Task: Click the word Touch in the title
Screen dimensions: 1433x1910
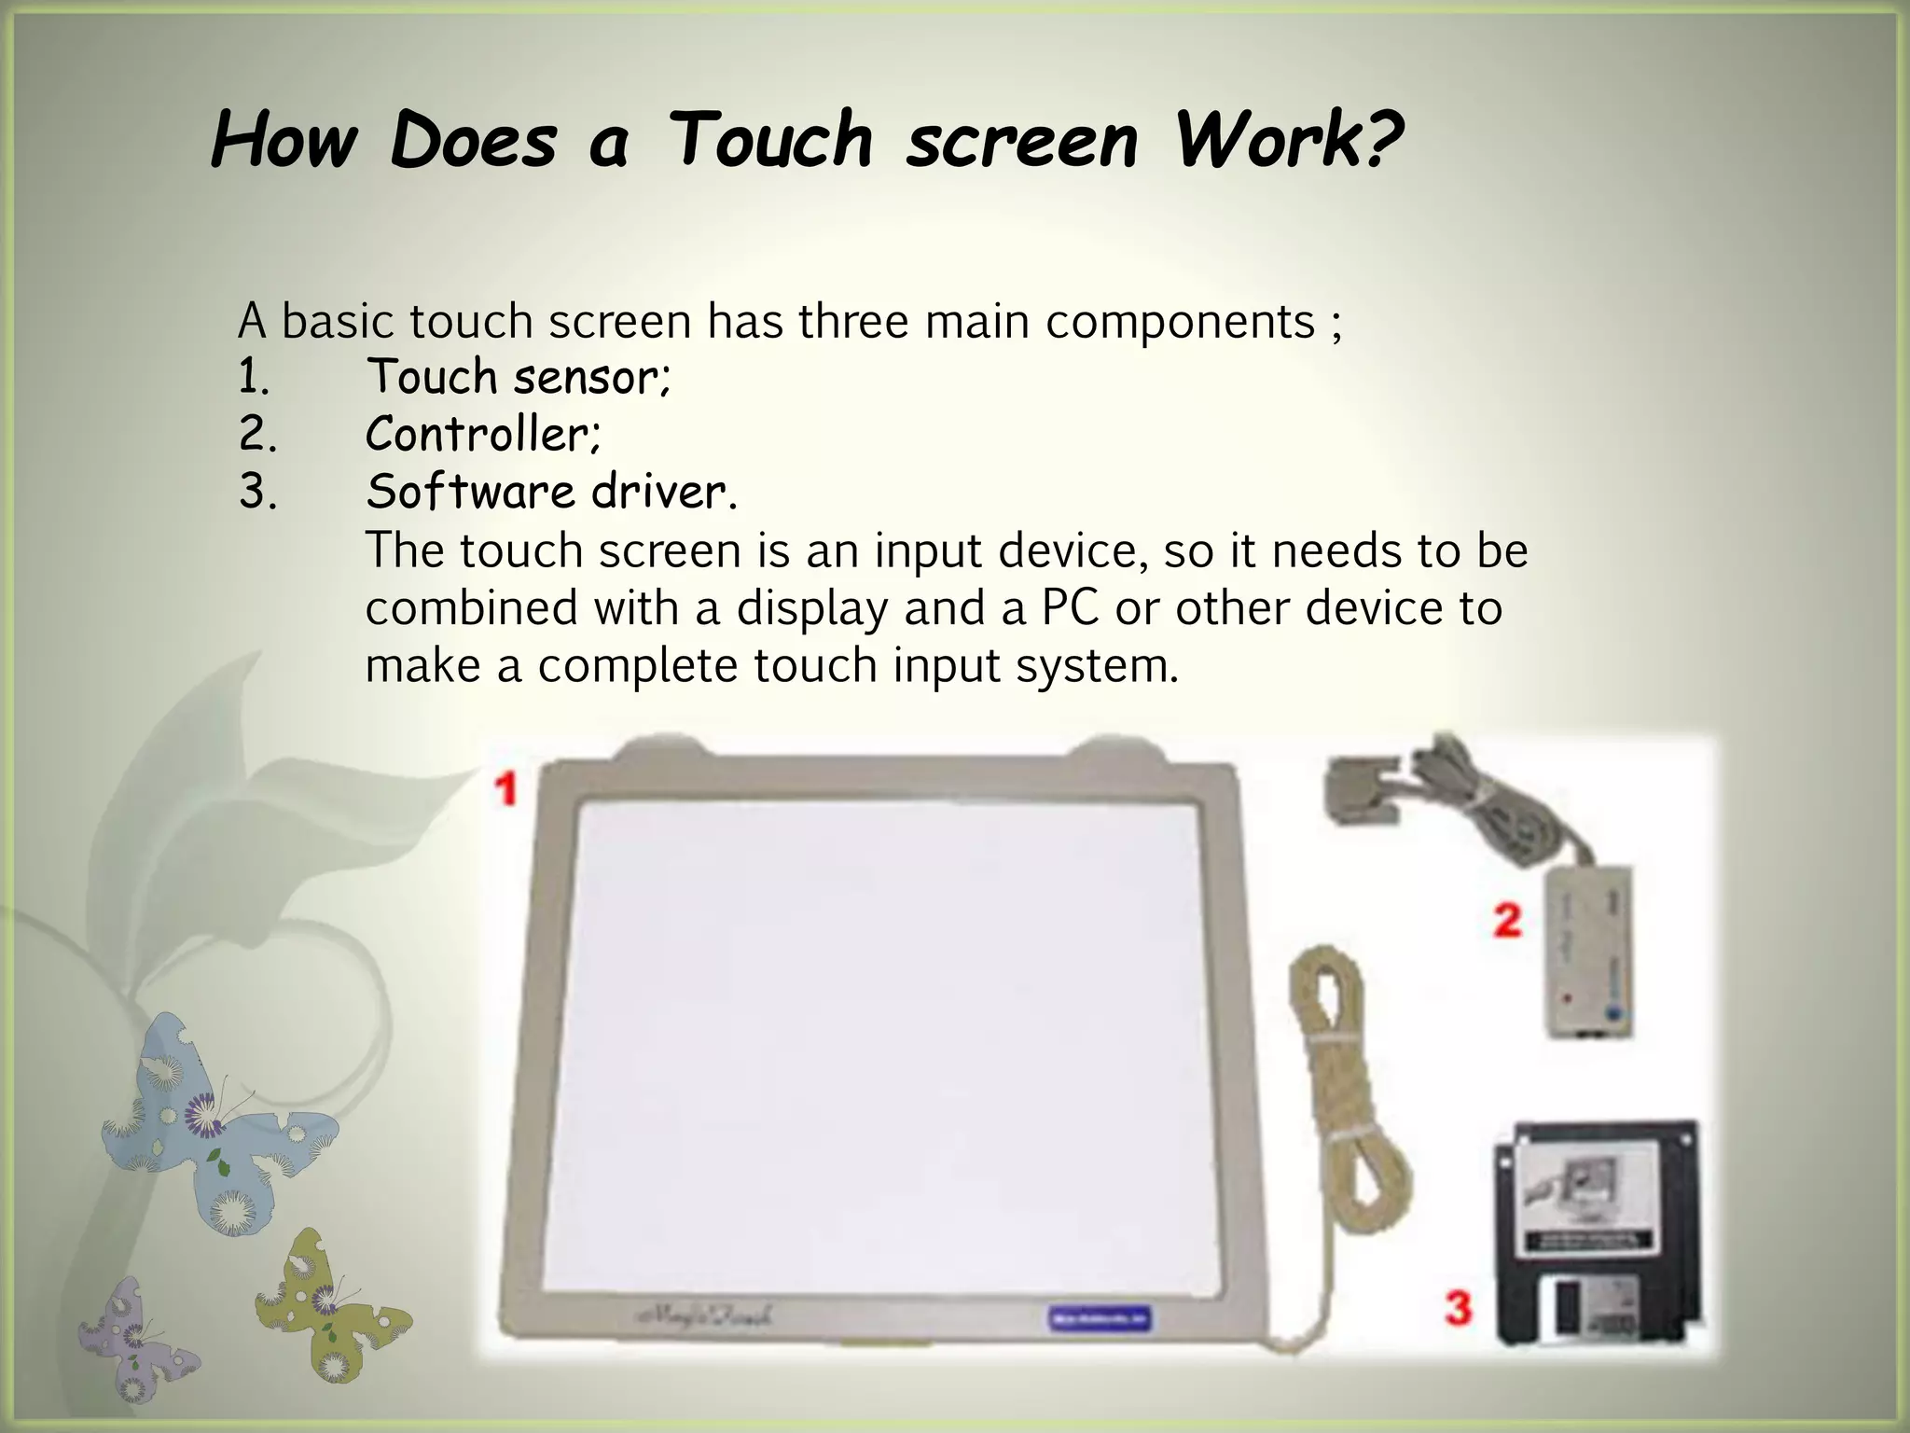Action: (x=771, y=140)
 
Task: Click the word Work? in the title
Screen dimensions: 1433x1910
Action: (x=1289, y=140)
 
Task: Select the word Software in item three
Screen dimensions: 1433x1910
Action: (x=470, y=492)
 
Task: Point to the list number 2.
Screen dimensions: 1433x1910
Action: (x=256, y=435)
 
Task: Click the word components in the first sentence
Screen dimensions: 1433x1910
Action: (x=1180, y=322)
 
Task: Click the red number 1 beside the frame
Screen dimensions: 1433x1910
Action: (x=506, y=789)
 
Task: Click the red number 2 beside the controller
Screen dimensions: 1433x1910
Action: (x=1507, y=920)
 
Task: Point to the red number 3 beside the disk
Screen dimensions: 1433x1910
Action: (x=1458, y=1307)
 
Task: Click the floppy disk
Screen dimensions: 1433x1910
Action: (x=1598, y=1231)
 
